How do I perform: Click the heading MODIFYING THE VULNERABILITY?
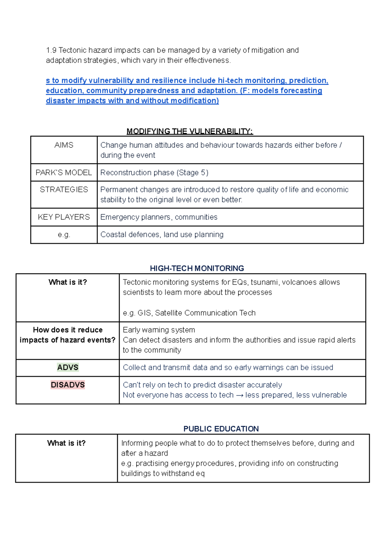190,131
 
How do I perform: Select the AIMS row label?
64,145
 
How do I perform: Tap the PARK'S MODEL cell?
64,172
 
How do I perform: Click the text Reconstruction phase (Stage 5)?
154,172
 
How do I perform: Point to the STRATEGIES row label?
64,190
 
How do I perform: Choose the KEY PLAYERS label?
64,217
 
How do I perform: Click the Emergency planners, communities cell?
159,217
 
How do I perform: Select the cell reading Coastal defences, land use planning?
162,234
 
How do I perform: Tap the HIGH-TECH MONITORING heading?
197,268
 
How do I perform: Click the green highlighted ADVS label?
68,367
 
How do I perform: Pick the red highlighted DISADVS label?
68,385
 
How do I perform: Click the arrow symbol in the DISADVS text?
239,395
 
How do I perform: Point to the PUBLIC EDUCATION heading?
221,429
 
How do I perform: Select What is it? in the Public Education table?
66,443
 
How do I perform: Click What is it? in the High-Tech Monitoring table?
68,282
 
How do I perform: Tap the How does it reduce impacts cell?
68,335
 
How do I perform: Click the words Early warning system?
159,330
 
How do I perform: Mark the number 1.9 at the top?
51,50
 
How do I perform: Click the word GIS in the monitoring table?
144,313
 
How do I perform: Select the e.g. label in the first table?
64,234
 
